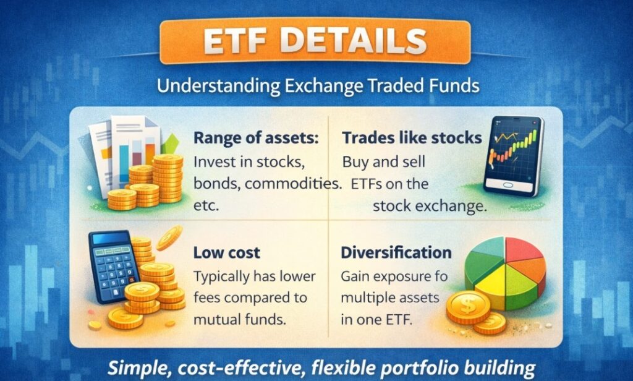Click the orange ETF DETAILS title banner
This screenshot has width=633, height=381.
tap(315, 41)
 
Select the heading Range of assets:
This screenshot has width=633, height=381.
tap(256, 138)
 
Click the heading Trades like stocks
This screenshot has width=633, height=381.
tap(412, 138)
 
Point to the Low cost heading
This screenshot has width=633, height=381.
tap(226, 253)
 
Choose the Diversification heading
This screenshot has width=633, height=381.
tap(396, 252)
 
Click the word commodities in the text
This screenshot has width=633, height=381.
tap(292, 184)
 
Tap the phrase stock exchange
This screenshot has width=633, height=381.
tap(430, 207)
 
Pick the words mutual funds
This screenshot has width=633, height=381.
tap(240, 320)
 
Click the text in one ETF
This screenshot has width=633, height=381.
tap(376, 320)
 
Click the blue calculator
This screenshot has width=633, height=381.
tap(114, 266)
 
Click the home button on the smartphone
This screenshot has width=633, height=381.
tap(508, 185)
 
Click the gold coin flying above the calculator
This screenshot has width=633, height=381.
tap(169, 238)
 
